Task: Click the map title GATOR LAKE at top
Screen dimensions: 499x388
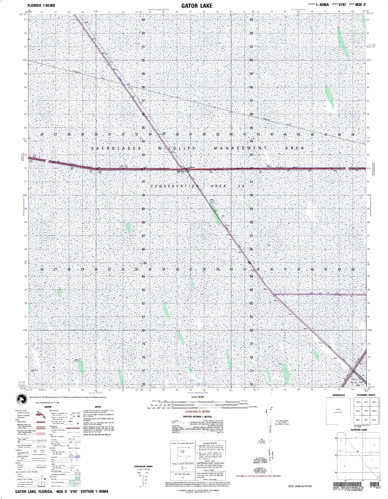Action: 197,6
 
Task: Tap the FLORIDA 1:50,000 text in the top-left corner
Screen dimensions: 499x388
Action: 41,5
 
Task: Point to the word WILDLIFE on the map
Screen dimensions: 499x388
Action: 176,148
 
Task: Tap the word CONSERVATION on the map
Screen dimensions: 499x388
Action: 174,186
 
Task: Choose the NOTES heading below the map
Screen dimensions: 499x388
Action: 98,407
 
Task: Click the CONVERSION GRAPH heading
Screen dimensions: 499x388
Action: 143,467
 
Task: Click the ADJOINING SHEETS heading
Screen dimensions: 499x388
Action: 366,395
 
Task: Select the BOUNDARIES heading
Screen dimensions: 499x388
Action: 338,395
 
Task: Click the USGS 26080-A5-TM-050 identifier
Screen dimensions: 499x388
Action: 300,486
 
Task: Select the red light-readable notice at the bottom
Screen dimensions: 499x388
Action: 259,476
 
